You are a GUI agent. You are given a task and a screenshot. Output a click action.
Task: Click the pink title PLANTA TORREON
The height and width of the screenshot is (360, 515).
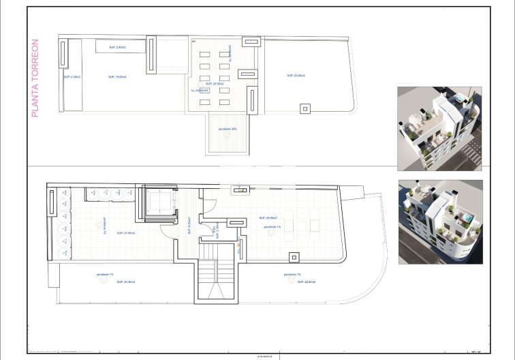(x=36, y=78)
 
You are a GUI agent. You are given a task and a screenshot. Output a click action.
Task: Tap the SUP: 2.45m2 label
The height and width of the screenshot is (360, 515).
(x=116, y=47)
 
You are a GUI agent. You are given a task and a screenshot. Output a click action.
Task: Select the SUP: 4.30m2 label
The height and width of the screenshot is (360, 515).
(x=72, y=77)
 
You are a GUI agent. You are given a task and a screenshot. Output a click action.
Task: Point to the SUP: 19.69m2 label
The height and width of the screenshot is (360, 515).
(x=117, y=77)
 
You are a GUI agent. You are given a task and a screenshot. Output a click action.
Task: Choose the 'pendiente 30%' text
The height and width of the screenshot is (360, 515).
(x=228, y=129)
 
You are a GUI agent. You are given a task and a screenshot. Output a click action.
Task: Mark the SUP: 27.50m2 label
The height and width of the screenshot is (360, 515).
(x=125, y=233)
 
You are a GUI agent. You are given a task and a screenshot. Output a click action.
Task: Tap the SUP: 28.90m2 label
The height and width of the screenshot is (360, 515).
(x=295, y=282)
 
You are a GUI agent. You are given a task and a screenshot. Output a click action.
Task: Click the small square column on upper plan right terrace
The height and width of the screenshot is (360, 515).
(x=305, y=108)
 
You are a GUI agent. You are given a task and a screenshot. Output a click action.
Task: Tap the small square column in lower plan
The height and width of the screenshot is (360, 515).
(x=294, y=257)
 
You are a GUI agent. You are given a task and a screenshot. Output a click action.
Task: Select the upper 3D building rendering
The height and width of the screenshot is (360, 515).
(x=439, y=128)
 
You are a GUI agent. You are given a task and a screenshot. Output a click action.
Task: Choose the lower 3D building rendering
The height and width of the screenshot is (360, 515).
(x=440, y=222)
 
